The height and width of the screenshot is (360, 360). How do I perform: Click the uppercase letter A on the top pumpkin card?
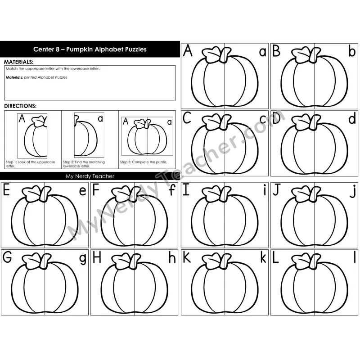[x=188, y=50]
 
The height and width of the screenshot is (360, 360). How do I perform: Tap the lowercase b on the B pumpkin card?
[x=352, y=51]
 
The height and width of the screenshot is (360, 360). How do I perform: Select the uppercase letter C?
[x=187, y=118]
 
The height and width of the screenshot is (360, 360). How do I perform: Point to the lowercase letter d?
[x=352, y=118]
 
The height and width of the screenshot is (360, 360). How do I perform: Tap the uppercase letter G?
[x=7, y=257]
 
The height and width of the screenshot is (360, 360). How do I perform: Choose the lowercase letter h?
[x=172, y=257]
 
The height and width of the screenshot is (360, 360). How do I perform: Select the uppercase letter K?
[x=186, y=257]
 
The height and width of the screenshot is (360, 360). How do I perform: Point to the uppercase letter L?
[x=275, y=257]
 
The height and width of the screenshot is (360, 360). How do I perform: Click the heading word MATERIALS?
[x=18, y=62]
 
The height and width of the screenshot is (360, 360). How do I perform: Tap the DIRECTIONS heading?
[x=20, y=106]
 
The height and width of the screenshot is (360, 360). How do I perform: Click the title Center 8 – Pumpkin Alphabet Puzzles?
[x=90, y=49]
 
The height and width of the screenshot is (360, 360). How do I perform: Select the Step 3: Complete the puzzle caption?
[x=144, y=162]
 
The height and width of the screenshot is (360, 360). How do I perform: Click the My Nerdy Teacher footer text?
[x=90, y=176]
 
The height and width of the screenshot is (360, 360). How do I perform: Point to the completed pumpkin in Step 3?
[x=147, y=137]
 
